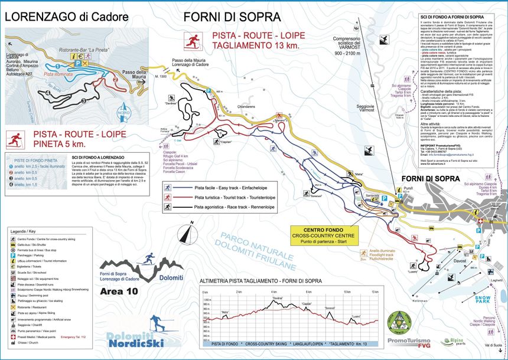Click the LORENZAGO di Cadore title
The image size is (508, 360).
click(x=67, y=17)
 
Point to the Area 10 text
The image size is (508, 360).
click(x=120, y=291)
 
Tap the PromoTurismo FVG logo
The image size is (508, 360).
click(x=409, y=341)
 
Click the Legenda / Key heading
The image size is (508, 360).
click(x=24, y=232)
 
